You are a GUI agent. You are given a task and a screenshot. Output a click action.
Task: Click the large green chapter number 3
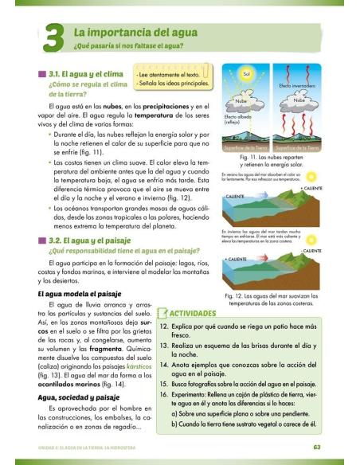(x=49, y=37)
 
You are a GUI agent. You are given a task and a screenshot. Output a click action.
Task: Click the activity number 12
(x=164, y=326)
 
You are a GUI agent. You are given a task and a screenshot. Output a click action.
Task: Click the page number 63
(x=317, y=447)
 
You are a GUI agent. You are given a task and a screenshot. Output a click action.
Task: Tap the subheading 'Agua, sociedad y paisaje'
(x=78, y=396)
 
